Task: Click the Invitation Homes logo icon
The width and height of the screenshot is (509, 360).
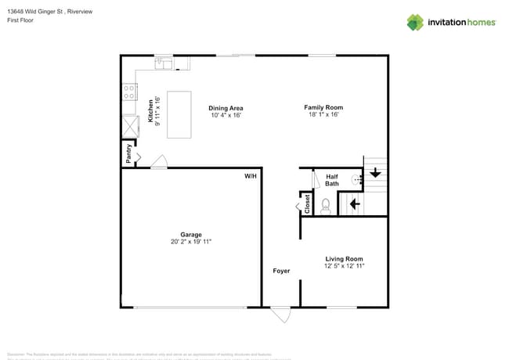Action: pyautogui.click(x=415, y=22)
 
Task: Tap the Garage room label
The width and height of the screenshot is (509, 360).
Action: pyautogui.click(x=191, y=235)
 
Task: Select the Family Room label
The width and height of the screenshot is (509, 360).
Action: pyautogui.click(x=323, y=107)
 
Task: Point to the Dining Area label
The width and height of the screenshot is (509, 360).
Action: pyautogui.click(x=226, y=107)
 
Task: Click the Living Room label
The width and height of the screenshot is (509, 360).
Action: pyautogui.click(x=345, y=258)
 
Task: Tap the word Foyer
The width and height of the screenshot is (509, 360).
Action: pyautogui.click(x=281, y=271)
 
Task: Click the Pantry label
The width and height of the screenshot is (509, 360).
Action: pyautogui.click(x=128, y=153)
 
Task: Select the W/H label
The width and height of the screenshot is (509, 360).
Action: pyautogui.click(x=251, y=177)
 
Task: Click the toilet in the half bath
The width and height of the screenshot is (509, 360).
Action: pyautogui.click(x=327, y=204)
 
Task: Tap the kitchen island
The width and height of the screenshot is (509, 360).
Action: pyautogui.click(x=179, y=114)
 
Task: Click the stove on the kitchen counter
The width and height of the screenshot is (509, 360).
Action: pyautogui.click(x=128, y=92)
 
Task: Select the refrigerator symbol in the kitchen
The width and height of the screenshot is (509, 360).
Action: pyautogui.click(x=128, y=125)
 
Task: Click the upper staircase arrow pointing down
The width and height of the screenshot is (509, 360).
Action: pyautogui.click(x=376, y=173)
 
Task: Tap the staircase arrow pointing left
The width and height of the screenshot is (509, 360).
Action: pyautogui.click(x=354, y=204)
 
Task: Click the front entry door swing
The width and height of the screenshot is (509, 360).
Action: pyautogui.click(x=280, y=315)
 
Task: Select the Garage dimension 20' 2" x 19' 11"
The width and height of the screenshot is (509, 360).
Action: pyautogui.click(x=191, y=243)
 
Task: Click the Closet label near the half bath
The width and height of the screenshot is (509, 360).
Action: pyautogui.click(x=308, y=204)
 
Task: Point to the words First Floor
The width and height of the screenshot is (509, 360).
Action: pyautogui.click(x=21, y=20)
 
